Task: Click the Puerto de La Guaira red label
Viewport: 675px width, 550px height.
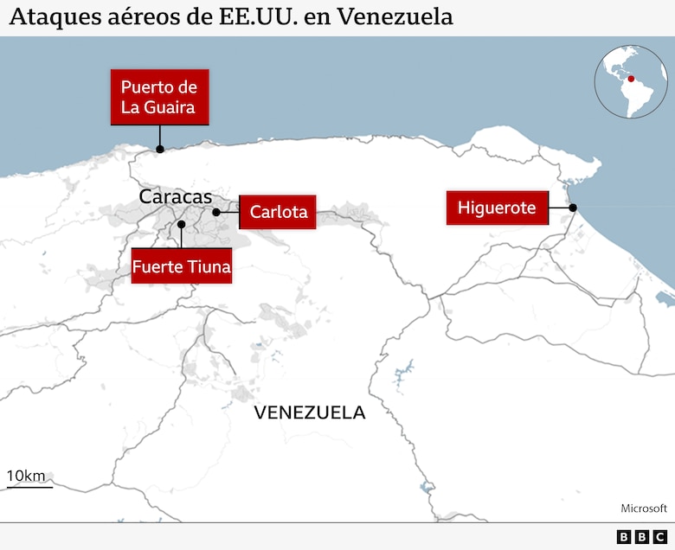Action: (x=159, y=97)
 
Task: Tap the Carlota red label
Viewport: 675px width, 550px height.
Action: (x=278, y=211)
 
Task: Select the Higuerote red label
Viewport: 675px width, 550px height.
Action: (x=497, y=208)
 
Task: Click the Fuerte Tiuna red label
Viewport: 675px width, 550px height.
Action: (x=182, y=266)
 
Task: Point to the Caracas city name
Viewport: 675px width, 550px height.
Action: (x=175, y=197)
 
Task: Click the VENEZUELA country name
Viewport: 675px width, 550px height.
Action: (x=309, y=412)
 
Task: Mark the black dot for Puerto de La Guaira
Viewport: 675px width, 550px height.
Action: (x=159, y=149)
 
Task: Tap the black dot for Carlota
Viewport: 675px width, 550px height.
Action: (x=215, y=211)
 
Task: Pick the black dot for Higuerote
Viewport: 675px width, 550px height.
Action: (x=573, y=208)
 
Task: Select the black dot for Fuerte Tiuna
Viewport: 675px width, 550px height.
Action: (x=182, y=225)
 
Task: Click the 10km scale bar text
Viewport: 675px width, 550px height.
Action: (x=26, y=476)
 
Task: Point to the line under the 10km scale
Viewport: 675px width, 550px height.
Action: (x=29, y=487)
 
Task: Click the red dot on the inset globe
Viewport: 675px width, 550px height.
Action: (x=631, y=79)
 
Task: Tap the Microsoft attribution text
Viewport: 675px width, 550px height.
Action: (x=644, y=508)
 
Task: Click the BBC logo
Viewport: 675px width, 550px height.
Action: (x=640, y=537)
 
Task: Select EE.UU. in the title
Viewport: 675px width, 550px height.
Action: (x=258, y=16)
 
